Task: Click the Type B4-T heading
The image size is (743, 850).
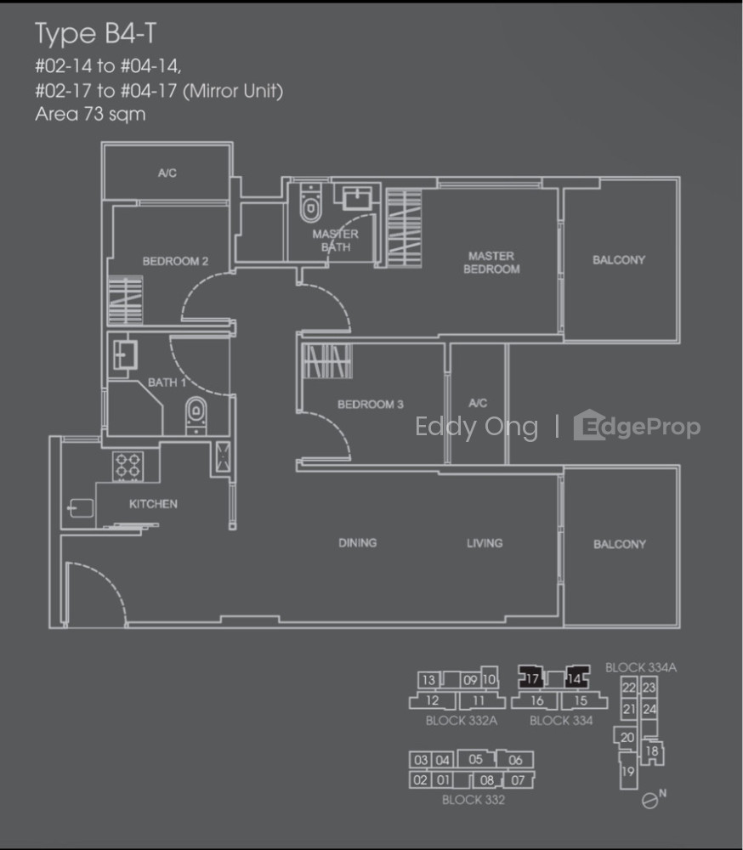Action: tap(95, 34)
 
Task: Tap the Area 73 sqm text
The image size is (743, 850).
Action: tap(91, 115)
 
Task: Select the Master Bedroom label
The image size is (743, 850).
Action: tap(491, 263)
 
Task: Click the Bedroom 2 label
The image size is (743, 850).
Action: tap(175, 261)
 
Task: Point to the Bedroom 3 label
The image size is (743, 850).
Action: tap(371, 405)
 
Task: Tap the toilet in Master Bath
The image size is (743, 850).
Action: tap(310, 203)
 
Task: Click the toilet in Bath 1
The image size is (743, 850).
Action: tap(196, 416)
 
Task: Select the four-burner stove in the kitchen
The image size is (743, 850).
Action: tap(128, 466)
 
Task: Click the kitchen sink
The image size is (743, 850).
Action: tap(80, 508)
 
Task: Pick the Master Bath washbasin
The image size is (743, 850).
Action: tap(357, 198)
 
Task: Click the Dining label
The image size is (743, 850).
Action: tap(357, 542)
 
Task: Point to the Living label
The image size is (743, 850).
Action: tap(485, 542)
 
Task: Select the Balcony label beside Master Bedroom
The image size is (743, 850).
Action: tap(619, 260)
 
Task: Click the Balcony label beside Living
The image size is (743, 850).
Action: tap(620, 544)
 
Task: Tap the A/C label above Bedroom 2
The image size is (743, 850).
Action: tap(167, 173)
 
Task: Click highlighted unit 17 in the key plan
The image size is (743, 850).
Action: tap(531, 677)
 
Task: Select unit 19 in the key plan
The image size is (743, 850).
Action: tap(628, 771)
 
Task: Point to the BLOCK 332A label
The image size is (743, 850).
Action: tap(461, 721)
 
